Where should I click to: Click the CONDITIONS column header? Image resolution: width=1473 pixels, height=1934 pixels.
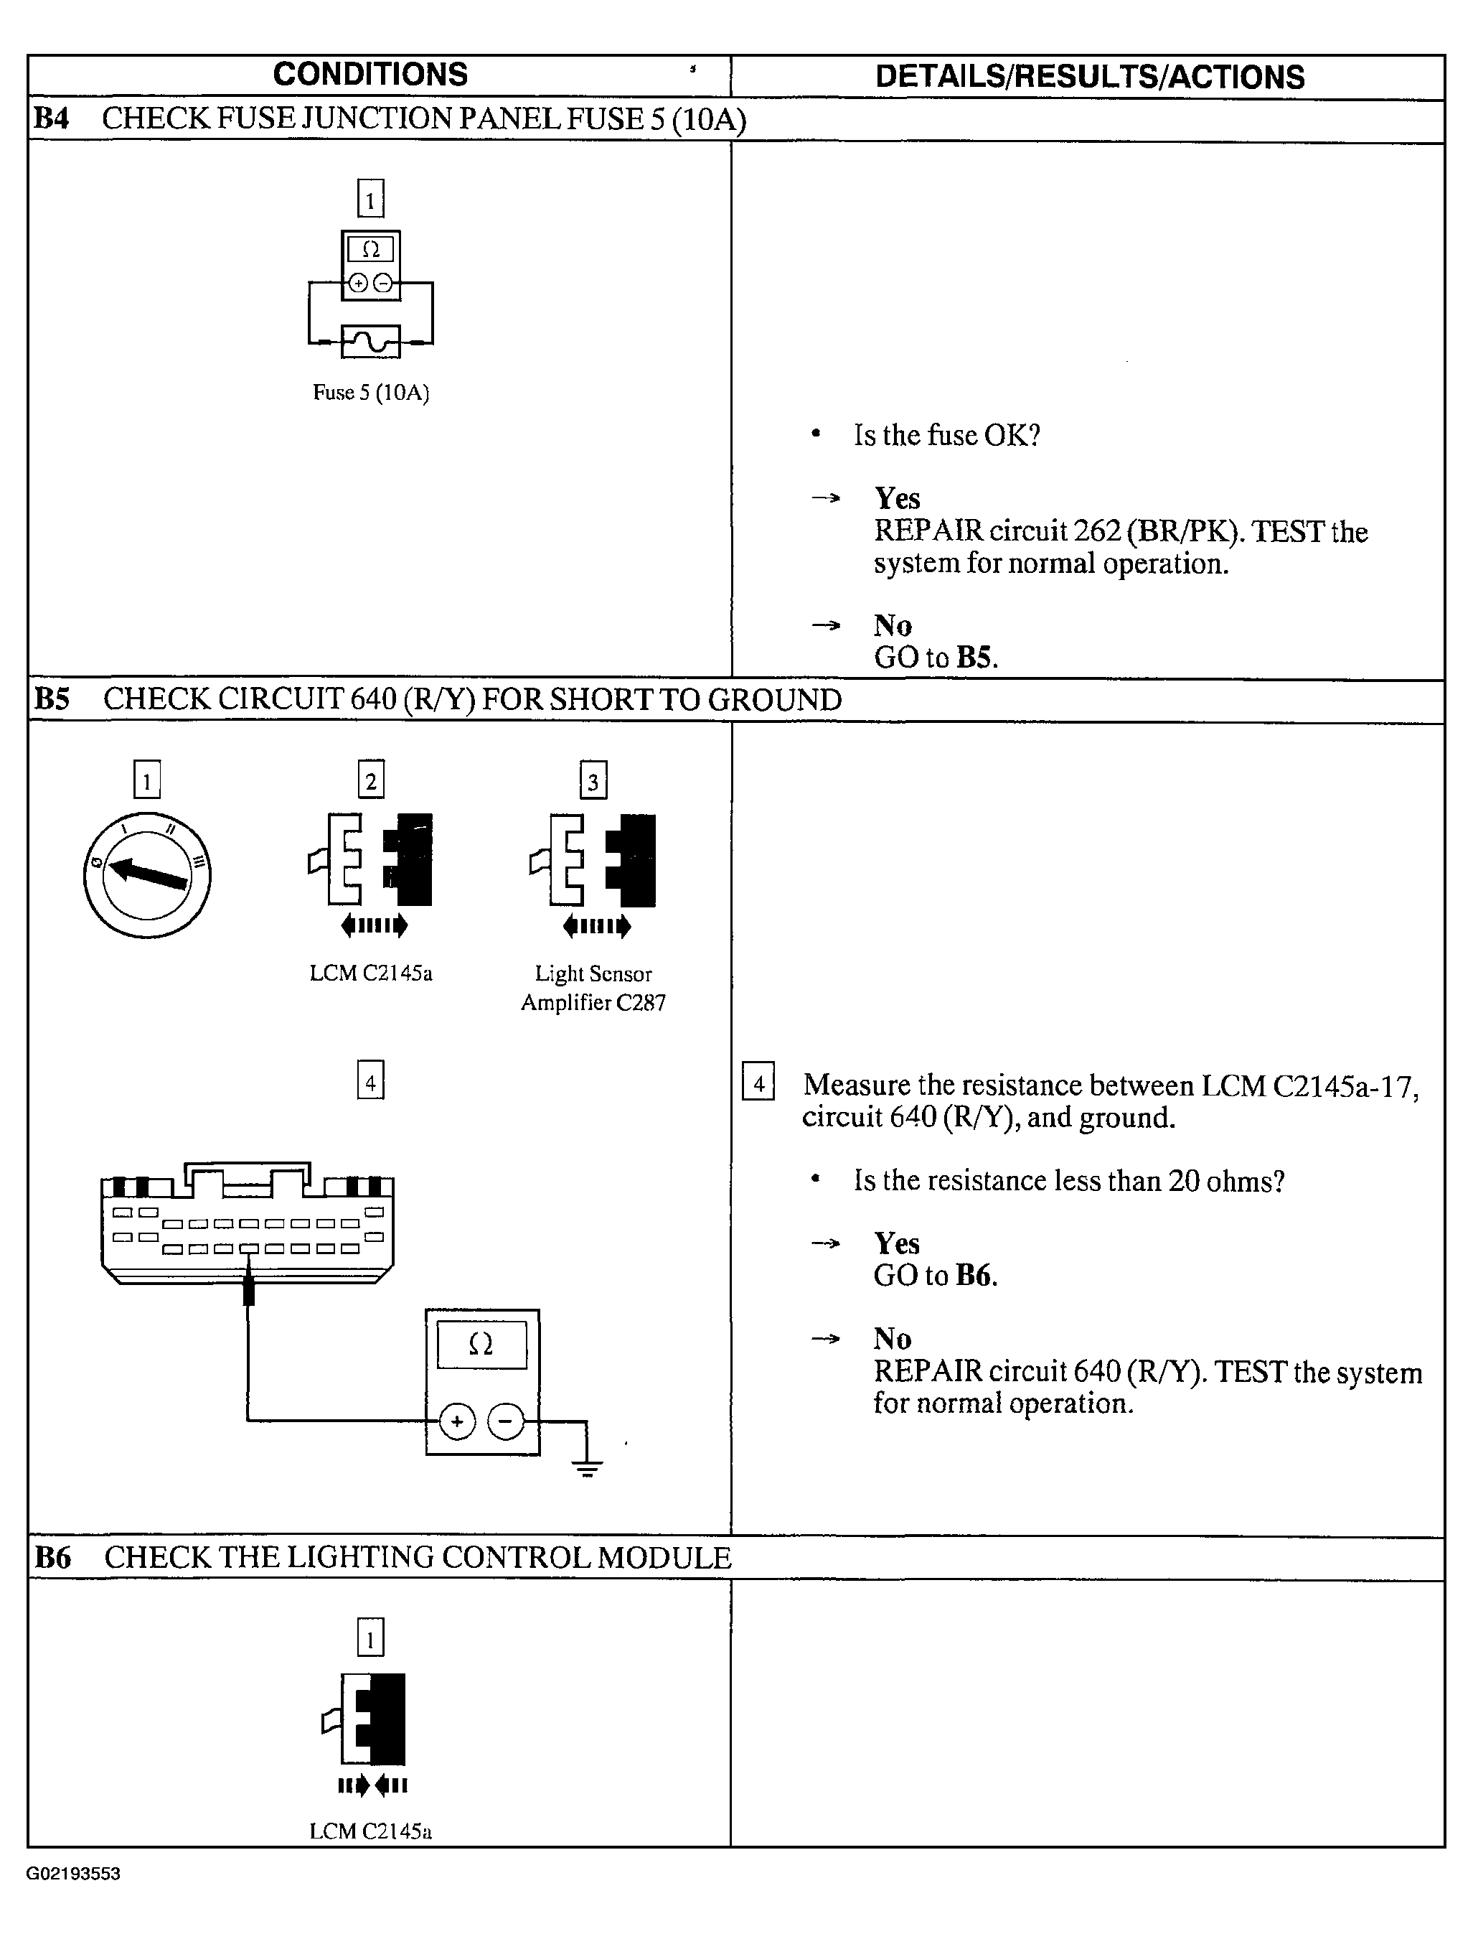point(370,75)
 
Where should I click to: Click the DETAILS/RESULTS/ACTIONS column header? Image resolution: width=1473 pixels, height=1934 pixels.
point(1089,78)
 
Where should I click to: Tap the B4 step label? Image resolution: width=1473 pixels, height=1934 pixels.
point(51,118)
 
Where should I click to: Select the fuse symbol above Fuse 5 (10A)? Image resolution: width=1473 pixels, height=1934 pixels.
point(370,341)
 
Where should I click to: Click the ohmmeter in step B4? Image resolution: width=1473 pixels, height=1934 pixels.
point(370,265)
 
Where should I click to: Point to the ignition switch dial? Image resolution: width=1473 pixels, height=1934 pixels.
point(147,874)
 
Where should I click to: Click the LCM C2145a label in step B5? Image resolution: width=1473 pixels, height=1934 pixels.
point(370,973)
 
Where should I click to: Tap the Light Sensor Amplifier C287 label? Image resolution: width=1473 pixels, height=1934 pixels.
point(593,988)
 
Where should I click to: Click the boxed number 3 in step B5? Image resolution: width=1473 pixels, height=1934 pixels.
point(593,780)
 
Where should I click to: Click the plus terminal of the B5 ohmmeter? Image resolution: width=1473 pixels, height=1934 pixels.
point(456,1421)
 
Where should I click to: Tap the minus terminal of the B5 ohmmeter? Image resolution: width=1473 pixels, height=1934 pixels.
point(505,1421)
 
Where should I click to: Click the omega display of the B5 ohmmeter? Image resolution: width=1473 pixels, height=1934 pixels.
point(481,1345)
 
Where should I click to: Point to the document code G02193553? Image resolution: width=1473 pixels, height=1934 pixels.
point(74,1874)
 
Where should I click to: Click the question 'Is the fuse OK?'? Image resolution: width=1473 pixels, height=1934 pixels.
point(947,435)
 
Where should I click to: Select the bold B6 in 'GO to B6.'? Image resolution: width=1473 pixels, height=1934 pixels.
point(975,1275)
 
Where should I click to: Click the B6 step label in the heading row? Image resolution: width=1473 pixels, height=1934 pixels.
point(52,1558)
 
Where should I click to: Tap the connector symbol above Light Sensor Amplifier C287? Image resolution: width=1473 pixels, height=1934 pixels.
point(593,861)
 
